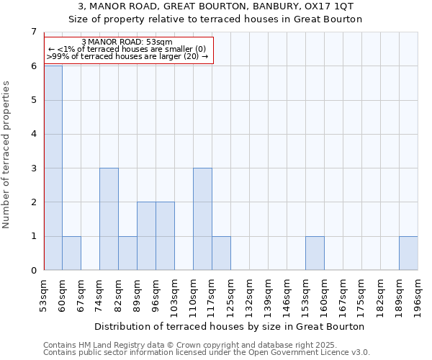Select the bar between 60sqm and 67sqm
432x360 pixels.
click(71, 253)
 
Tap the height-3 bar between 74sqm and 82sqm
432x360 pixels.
click(109, 219)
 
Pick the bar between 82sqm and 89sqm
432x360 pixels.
click(127, 253)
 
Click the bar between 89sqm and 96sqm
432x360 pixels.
click(146, 236)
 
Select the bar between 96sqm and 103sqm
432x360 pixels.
click(165, 236)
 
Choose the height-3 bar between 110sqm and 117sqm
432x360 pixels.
click(202, 219)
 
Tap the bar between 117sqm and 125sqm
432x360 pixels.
click(221, 253)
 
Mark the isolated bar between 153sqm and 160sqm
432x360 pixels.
click(315, 253)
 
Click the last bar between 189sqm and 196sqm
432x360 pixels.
click(408, 253)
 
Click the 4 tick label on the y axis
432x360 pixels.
click(33, 135)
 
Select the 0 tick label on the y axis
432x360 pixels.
click(33, 271)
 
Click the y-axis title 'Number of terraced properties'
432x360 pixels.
click(6, 155)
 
